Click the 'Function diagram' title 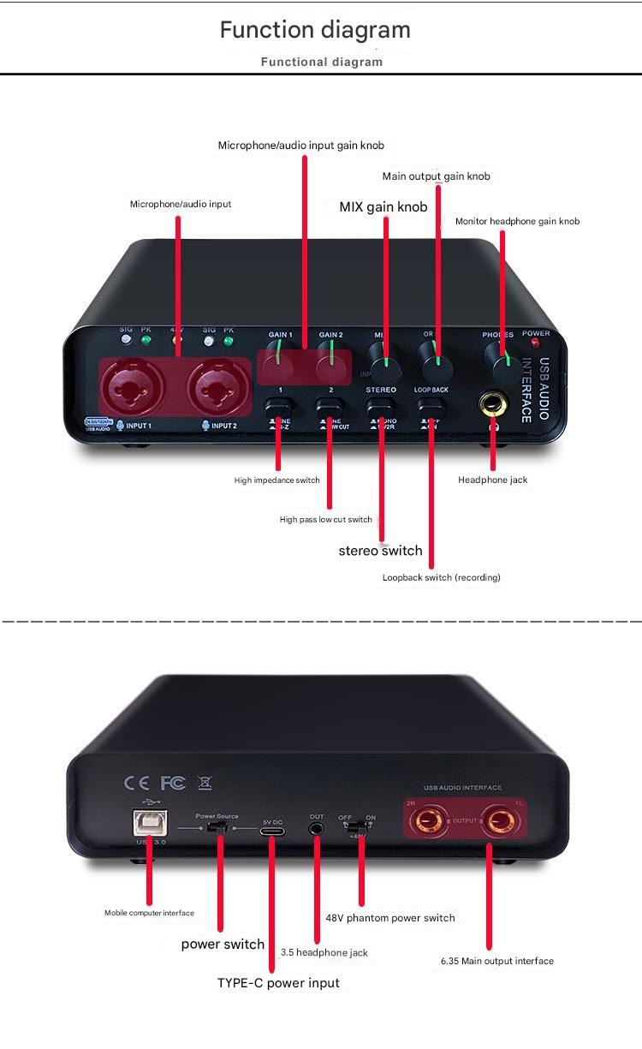315,30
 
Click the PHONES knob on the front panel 496,354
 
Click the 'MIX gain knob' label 383,206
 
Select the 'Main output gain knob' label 436,176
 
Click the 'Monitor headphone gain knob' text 517,222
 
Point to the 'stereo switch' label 380,551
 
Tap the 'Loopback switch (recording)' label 441,578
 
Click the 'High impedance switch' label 276,480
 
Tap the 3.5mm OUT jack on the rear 317,828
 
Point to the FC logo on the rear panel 172,783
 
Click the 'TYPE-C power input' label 278,983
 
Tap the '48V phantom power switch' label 390,918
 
